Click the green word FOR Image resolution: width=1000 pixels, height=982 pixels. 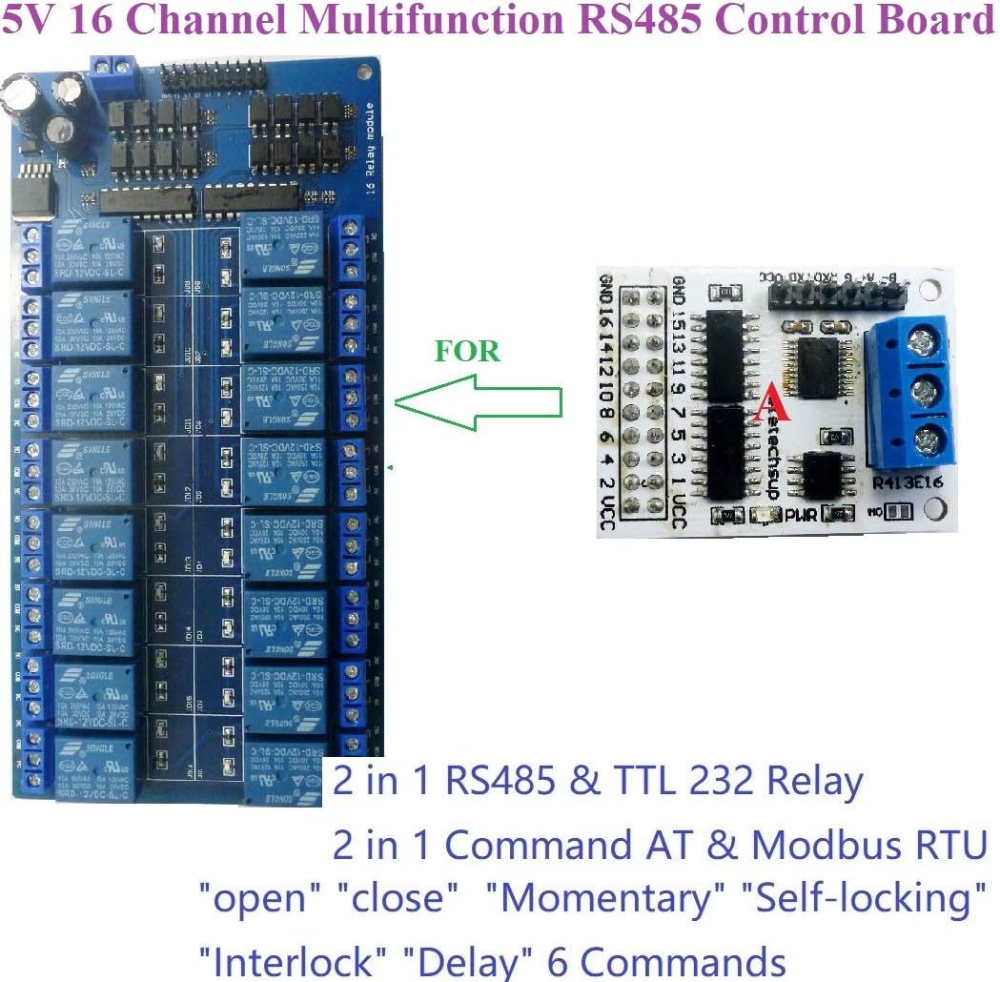[467, 351]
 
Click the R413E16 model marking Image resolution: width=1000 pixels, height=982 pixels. [907, 482]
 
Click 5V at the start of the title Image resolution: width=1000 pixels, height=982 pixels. [30, 20]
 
